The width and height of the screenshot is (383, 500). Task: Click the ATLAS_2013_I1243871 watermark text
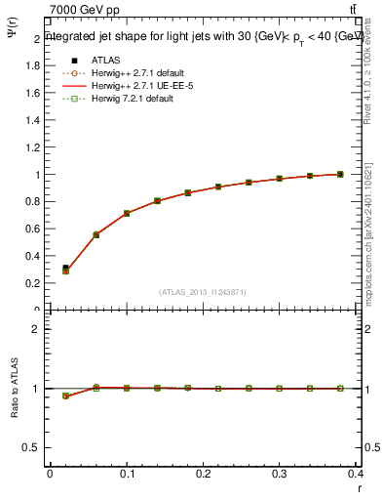203,292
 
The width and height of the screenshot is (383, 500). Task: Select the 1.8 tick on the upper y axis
34,66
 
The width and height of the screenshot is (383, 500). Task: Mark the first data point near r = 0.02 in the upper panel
65,269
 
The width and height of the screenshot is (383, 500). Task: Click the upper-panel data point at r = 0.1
127,213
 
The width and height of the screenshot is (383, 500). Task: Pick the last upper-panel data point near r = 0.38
340,174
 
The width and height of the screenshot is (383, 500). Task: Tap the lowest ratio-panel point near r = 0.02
65,396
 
